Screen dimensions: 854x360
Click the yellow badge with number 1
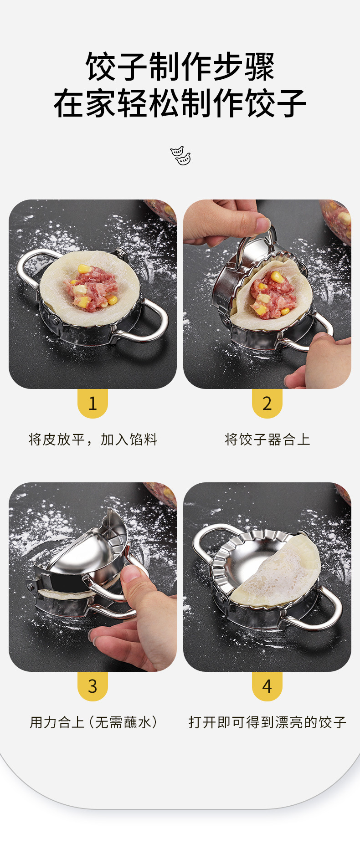(x=93, y=403)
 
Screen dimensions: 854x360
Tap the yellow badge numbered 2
(x=267, y=403)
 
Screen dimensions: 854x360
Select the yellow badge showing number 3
(x=93, y=686)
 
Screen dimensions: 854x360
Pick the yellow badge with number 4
(x=267, y=686)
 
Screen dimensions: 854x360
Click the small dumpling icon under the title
(x=180, y=155)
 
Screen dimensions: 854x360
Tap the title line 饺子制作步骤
(x=180, y=66)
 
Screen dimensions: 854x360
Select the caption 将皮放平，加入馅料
(x=93, y=440)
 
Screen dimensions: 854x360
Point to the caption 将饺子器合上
(x=267, y=440)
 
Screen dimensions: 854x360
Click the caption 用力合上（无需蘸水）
(x=93, y=722)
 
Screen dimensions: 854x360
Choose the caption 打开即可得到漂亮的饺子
(x=267, y=722)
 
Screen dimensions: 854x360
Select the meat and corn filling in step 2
(x=271, y=294)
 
